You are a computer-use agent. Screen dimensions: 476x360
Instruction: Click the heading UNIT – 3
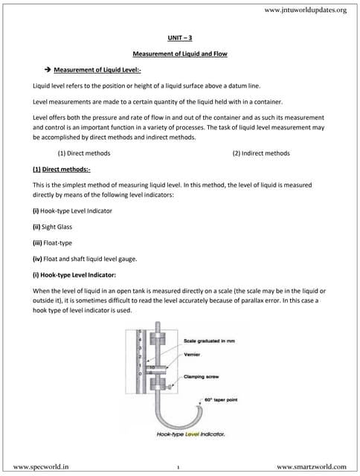179,36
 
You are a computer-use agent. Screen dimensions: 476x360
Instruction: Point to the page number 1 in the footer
179,466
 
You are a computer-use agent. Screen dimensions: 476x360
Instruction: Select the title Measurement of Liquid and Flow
179,54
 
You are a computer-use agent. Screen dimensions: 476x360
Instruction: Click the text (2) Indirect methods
260,152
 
